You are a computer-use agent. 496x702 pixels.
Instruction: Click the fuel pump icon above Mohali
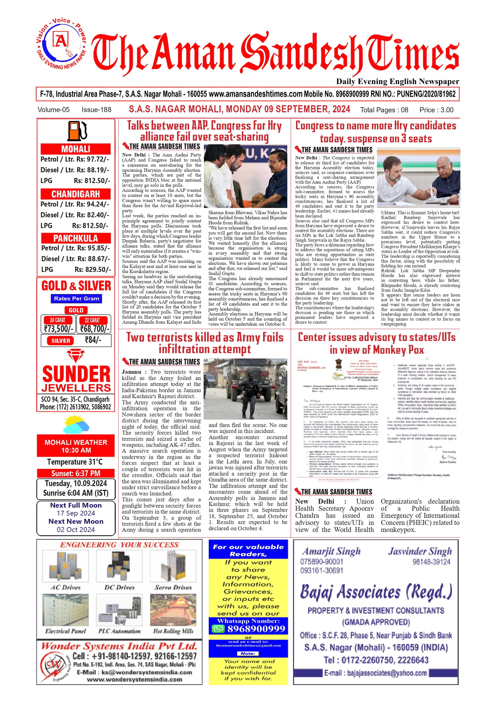click(x=77, y=130)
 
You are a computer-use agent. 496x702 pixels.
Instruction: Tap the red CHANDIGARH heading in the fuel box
click(x=76, y=194)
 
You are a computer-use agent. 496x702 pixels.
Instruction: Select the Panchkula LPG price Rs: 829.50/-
click(x=92, y=269)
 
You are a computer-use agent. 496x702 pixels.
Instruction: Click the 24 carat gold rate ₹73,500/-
click(x=58, y=329)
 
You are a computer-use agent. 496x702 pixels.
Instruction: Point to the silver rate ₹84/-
click(x=93, y=340)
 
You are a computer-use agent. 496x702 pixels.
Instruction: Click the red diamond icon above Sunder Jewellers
click(x=76, y=356)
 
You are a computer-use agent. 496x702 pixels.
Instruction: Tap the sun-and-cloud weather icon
click(x=76, y=424)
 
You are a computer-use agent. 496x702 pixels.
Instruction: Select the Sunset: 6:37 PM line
click(x=76, y=473)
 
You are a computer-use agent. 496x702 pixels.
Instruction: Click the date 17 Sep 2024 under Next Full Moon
click(x=76, y=513)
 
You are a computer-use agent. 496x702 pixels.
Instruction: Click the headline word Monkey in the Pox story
click(x=390, y=349)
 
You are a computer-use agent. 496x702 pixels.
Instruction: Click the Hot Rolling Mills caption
click(x=173, y=631)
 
